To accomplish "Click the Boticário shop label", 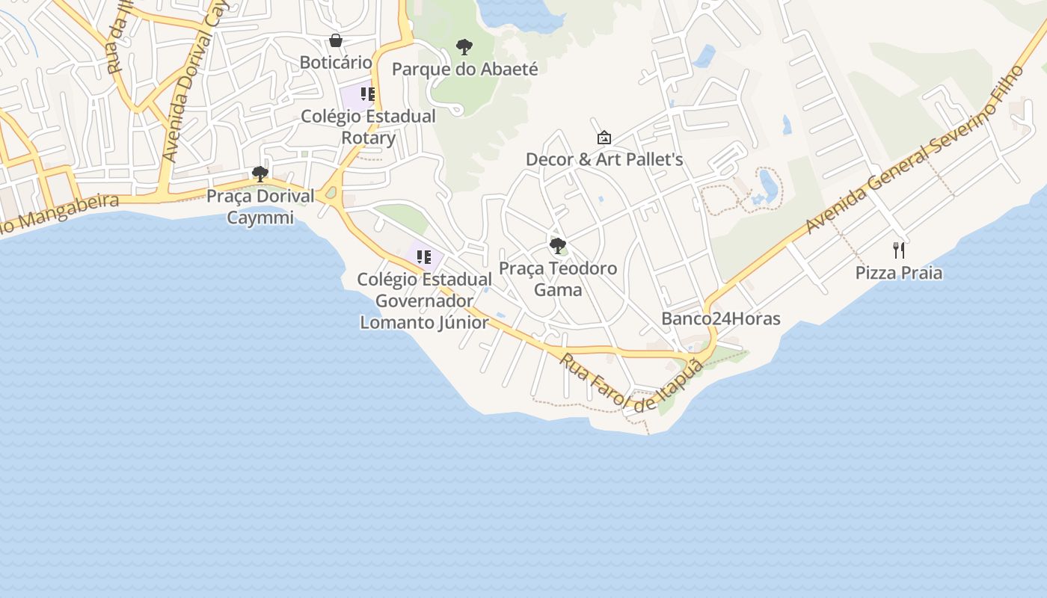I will [336, 62].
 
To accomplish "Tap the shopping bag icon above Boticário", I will [336, 40].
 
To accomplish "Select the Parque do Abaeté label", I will [464, 70].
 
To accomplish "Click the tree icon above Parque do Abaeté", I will [464, 47].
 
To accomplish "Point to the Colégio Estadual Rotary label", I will [368, 127].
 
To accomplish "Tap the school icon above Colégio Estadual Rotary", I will [367, 94].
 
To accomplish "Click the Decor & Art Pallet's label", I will [604, 159].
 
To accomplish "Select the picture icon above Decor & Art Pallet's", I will [604, 138].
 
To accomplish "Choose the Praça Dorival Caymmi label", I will [260, 207].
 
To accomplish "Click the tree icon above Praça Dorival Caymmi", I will [260, 174].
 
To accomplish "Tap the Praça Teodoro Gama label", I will [558, 279].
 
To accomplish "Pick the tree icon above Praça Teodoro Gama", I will [557, 245].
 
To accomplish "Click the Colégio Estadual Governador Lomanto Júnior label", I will [424, 300].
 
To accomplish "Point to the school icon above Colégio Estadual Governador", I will [424, 257].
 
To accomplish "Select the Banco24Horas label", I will [720, 319].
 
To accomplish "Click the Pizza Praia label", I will [899, 273].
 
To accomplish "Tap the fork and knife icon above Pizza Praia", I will [899, 250].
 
